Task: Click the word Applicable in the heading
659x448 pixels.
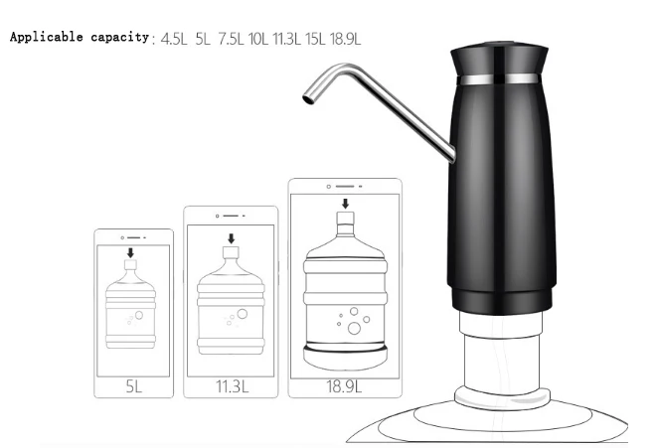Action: [x=47, y=37]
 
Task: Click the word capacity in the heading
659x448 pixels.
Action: [x=120, y=38]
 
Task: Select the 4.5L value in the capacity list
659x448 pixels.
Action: [x=174, y=39]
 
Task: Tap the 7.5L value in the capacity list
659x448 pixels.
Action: [x=231, y=39]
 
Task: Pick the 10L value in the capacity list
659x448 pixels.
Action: [x=258, y=39]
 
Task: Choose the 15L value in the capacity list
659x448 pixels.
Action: [x=315, y=39]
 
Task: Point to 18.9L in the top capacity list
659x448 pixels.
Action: [x=346, y=39]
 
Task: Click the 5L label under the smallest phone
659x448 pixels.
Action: [x=134, y=386]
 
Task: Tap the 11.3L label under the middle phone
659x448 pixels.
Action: [x=232, y=386]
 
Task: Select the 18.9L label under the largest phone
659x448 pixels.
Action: [x=344, y=386]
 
